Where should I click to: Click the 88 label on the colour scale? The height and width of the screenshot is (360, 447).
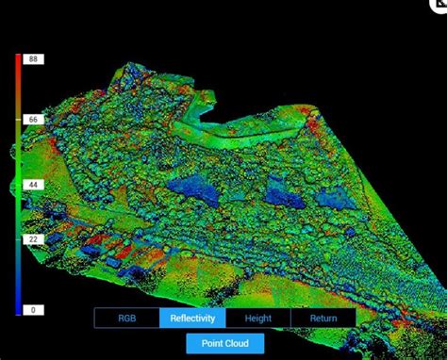pos(35,59)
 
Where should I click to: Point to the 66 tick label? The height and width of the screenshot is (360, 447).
pos(35,120)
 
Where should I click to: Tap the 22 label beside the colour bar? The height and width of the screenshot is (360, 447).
pos(35,240)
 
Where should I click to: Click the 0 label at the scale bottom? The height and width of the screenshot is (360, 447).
pos(35,310)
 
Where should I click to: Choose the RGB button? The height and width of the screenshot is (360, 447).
pos(127,319)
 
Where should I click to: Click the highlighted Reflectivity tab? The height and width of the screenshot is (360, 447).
pos(192,319)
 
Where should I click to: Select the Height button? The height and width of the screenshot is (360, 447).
pos(257,319)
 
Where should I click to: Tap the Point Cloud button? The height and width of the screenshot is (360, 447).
pos(224,344)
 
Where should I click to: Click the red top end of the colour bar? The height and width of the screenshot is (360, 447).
pos(18,61)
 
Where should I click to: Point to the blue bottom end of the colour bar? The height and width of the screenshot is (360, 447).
pos(18,308)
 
